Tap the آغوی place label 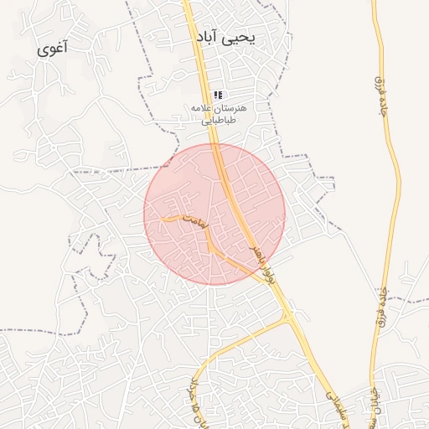[x=54, y=49]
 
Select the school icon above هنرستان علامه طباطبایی [x=219, y=96]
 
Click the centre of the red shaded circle [x=214, y=214]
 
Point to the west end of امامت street [x=163, y=219]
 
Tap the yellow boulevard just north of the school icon [x=205, y=75]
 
